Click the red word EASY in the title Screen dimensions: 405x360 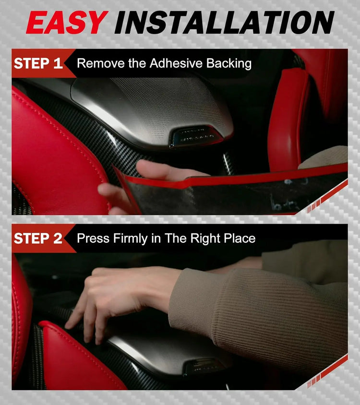(x=66, y=22)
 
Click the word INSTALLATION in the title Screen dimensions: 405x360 (x=224, y=22)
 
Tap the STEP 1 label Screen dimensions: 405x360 (x=38, y=63)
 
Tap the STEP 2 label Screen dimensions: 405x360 (x=38, y=238)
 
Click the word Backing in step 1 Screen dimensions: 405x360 (x=229, y=63)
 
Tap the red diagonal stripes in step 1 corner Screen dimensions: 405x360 (x=326, y=199)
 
